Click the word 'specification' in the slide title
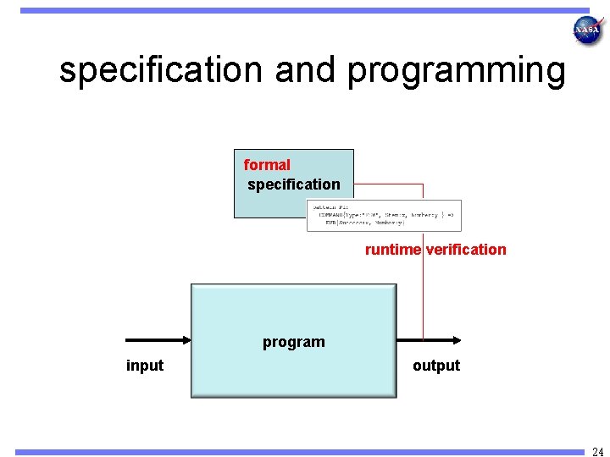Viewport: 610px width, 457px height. [x=161, y=71]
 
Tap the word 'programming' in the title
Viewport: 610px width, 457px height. [x=456, y=71]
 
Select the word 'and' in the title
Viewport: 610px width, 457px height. [x=305, y=71]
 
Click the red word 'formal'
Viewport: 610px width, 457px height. [x=267, y=165]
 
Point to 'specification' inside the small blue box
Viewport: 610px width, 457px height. [x=294, y=184]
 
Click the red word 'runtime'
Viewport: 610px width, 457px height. [x=392, y=250]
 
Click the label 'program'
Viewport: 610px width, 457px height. [x=293, y=342]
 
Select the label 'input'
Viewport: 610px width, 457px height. [x=145, y=366]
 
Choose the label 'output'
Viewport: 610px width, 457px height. [x=436, y=366]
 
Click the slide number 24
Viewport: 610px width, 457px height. [x=598, y=450]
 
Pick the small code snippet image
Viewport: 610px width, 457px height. [x=385, y=215]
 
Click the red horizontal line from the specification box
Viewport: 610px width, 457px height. [x=388, y=184]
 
